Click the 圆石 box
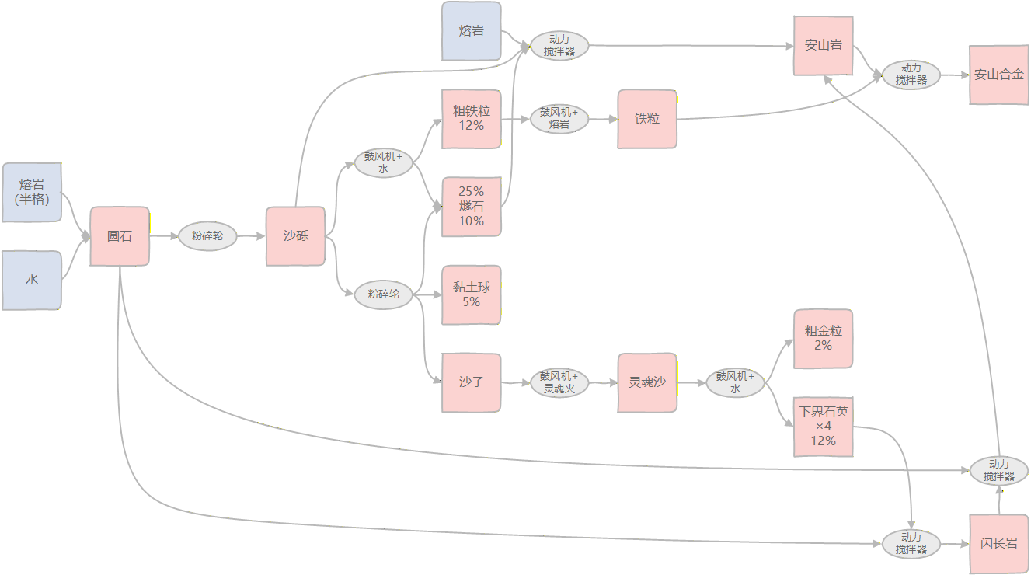120,237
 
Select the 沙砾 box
295,236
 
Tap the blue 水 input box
32,280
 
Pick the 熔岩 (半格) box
32,192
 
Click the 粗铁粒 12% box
471,119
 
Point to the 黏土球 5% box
471,294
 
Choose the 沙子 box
471,382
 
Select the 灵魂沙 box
647,382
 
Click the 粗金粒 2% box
823,338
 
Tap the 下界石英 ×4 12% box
823,427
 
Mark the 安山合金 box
998,75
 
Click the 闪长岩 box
998,544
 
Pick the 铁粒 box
647,119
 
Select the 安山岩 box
823,46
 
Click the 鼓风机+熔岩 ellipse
559,119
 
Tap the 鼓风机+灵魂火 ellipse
559,382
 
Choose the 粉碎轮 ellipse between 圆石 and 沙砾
207,235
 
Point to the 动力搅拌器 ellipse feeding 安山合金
911,75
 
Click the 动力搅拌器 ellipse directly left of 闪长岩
911,544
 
